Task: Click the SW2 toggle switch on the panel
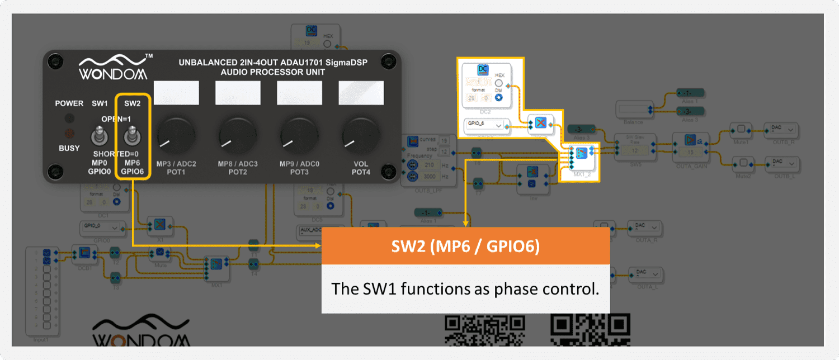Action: coord(133,136)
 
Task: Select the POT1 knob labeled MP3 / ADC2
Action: coord(176,136)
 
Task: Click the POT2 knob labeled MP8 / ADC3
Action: coord(238,136)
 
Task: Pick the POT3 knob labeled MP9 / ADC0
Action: coord(299,136)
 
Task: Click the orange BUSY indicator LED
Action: coord(70,134)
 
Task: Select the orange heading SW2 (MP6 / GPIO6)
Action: coord(465,247)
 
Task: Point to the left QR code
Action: coord(484,331)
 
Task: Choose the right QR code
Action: coord(590,331)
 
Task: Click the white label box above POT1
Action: coord(176,93)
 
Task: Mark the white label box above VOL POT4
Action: coord(361,93)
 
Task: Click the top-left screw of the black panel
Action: coord(54,60)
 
